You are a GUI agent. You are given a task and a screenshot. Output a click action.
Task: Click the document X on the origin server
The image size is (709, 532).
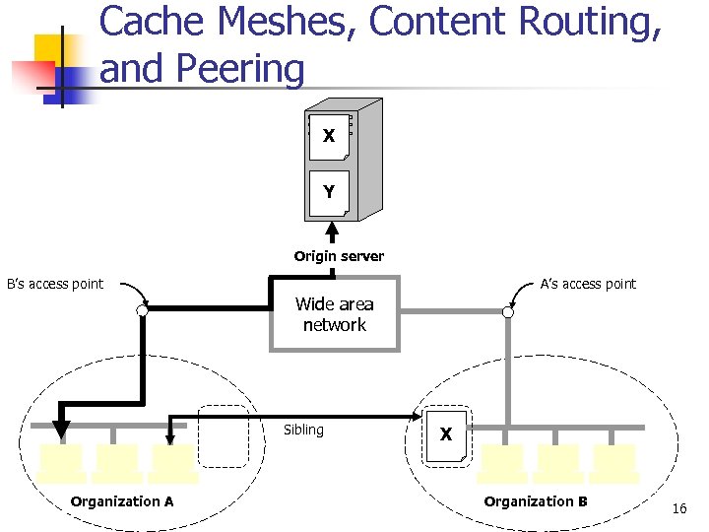click(328, 136)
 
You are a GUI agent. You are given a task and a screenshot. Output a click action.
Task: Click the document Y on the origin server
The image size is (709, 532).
click(328, 192)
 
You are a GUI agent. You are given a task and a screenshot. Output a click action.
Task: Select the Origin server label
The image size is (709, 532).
click(339, 256)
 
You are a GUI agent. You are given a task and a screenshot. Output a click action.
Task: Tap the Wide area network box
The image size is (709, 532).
click(335, 315)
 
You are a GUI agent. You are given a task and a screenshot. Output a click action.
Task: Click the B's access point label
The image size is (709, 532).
click(55, 284)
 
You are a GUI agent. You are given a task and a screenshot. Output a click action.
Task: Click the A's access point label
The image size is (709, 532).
click(588, 284)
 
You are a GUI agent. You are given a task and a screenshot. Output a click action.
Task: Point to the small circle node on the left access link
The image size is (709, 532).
click(143, 311)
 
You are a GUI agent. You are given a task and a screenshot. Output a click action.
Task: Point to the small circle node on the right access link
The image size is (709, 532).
click(508, 312)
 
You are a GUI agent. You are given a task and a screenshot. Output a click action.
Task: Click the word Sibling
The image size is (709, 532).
click(303, 430)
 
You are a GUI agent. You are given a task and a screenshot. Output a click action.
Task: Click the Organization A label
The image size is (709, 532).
click(122, 501)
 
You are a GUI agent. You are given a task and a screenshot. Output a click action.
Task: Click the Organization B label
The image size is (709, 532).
click(536, 501)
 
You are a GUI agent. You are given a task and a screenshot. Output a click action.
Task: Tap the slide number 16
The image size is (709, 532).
click(678, 508)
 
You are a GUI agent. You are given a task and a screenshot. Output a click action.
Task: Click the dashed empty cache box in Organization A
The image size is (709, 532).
click(223, 435)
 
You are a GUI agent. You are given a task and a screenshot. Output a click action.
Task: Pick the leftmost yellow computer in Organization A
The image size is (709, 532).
click(61, 462)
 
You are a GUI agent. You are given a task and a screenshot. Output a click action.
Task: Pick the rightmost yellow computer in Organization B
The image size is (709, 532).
click(614, 462)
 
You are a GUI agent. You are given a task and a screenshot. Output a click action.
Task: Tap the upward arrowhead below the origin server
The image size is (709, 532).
click(333, 232)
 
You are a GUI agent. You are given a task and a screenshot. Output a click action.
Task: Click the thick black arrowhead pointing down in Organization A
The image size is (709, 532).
click(61, 429)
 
